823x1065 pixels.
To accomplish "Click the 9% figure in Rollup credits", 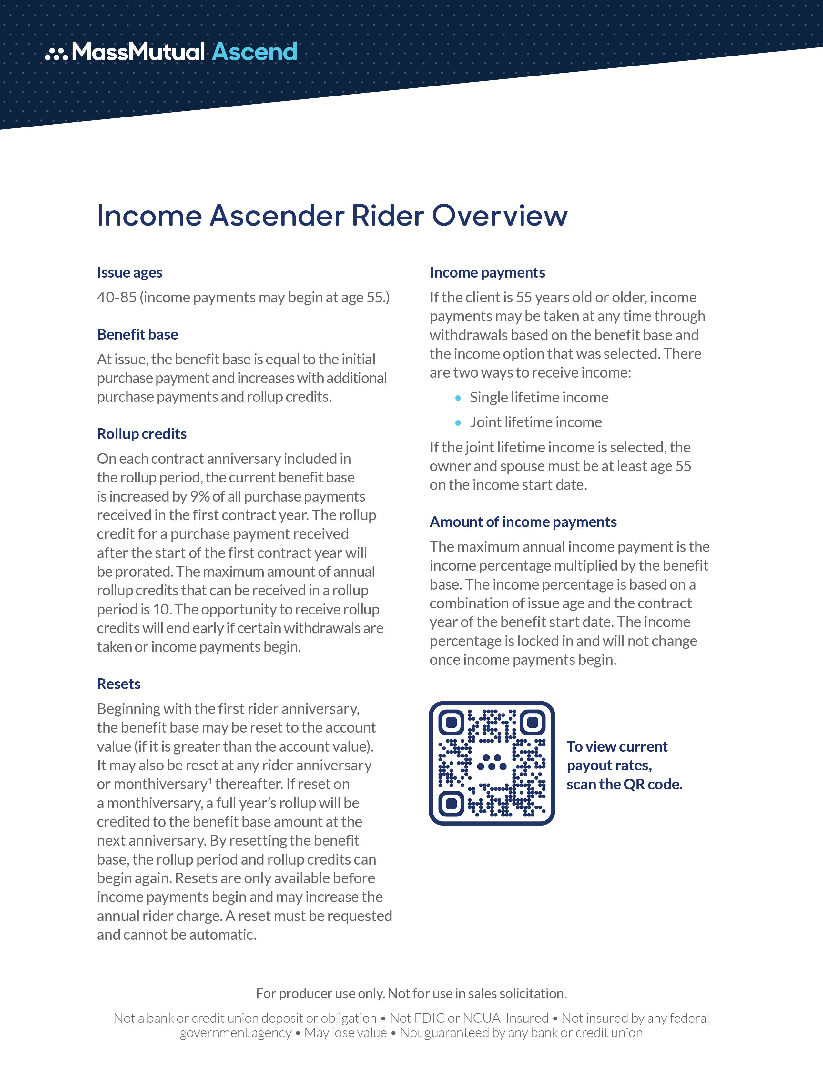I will click(200, 496).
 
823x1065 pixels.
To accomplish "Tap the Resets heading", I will click(118, 684).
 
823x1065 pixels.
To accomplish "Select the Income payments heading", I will click(487, 273).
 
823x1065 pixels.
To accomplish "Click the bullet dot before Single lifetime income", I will click(458, 398).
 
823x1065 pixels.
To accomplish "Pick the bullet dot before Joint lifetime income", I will click(458, 423).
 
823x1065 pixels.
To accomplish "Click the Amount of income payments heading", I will click(523, 522).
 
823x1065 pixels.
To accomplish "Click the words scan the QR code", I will click(624, 785).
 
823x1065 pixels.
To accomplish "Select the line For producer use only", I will click(411, 994).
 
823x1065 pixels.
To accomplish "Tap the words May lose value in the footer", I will click(345, 1033).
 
